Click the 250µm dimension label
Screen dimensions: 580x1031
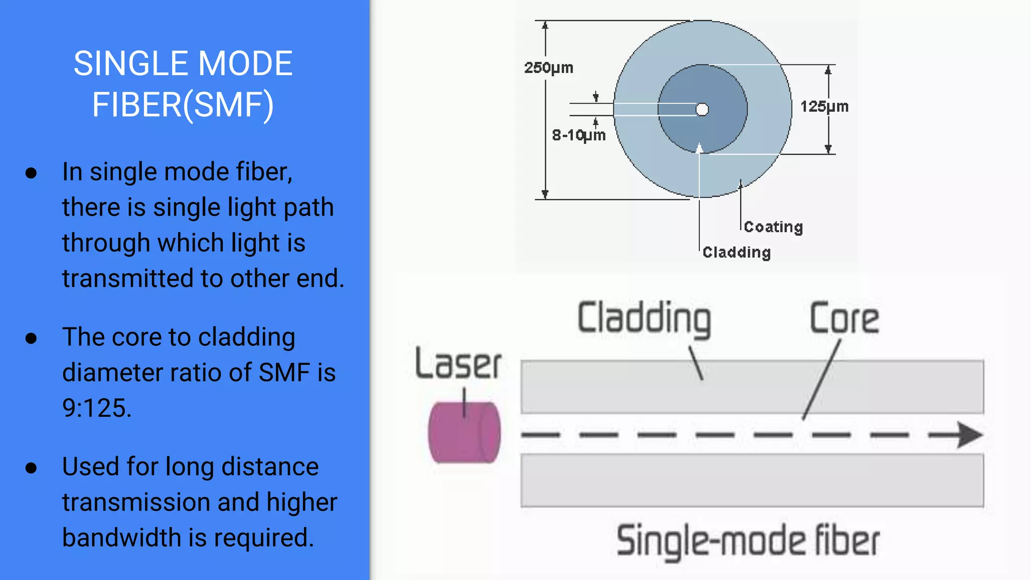549,67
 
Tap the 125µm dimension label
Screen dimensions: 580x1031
824,107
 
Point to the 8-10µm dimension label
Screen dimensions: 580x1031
578,135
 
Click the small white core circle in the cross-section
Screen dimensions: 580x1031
702,109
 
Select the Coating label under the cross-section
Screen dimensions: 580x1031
773,227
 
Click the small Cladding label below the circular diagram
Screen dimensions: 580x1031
737,252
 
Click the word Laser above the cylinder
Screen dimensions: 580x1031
458,364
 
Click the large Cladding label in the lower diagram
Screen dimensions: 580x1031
644,318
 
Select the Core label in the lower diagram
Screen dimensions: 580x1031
844,319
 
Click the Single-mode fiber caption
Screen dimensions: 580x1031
748,541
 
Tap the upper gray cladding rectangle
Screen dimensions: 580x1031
752,387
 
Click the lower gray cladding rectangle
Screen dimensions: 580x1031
752,480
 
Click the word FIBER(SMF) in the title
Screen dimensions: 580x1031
183,105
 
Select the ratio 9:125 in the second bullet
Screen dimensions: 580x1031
96,408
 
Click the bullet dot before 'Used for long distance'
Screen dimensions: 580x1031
31,468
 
